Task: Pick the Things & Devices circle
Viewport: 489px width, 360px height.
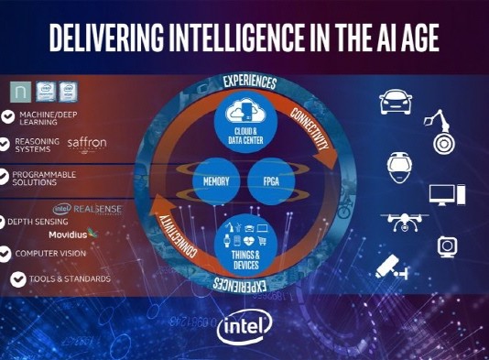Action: click(244, 239)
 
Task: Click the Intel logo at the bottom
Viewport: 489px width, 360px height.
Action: click(244, 328)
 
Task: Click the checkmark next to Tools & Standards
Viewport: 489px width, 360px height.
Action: click(18, 279)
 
